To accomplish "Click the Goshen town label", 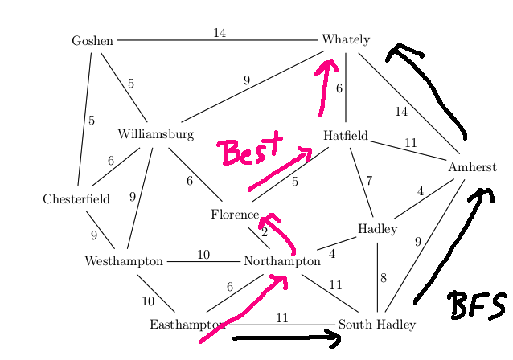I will click(x=92, y=40).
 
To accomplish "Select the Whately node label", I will click(x=346, y=39).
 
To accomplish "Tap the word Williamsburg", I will click(x=155, y=134).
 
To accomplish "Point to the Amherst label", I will click(x=472, y=167).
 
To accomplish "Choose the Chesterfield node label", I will click(x=76, y=199).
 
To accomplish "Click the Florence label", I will click(x=235, y=215).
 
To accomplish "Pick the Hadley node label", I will click(x=377, y=229).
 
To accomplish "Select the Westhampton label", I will click(x=124, y=261).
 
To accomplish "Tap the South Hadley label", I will click(x=376, y=325).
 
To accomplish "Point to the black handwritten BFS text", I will click(x=477, y=305).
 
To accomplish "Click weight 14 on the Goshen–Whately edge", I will click(x=220, y=33).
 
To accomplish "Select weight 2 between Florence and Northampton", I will click(x=265, y=232).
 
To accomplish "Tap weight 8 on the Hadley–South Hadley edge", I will click(x=384, y=279).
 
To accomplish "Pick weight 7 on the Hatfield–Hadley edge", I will click(x=369, y=181).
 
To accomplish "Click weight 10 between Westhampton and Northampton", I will click(x=203, y=255).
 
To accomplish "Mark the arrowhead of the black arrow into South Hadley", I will click(x=334, y=339).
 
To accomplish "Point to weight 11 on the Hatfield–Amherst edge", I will click(x=411, y=143).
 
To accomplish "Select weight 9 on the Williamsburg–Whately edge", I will click(x=247, y=80).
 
